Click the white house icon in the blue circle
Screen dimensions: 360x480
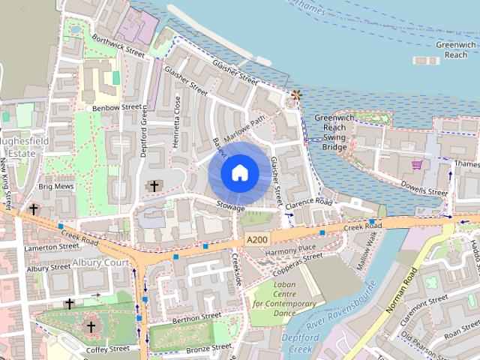(x=239, y=173)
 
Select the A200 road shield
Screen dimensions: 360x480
(x=256, y=239)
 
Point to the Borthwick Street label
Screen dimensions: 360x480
(x=118, y=45)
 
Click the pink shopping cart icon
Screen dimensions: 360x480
(x=416, y=164)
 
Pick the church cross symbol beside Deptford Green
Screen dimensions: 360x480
(x=154, y=185)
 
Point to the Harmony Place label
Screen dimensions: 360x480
(x=291, y=248)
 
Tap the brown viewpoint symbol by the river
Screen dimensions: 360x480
(x=296, y=95)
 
